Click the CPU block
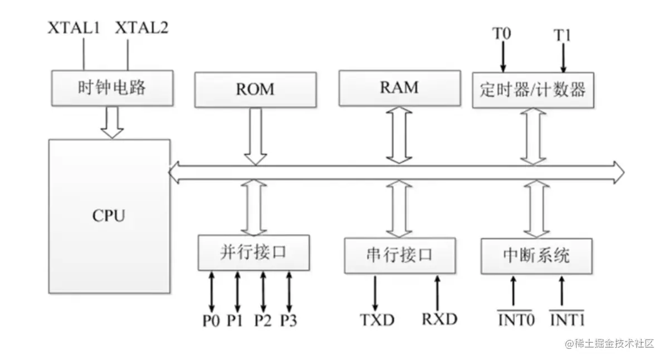109,216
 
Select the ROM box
255,89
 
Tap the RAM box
399,87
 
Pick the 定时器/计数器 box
533,90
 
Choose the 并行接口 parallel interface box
253,253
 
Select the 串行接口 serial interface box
399,255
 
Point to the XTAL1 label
74,28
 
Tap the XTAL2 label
141,28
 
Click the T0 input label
501,33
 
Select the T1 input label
563,35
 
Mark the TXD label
377,320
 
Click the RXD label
439,319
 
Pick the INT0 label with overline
514,320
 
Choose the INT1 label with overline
567,320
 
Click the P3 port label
289,320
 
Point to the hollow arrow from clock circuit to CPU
113,123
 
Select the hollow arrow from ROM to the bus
256,136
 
